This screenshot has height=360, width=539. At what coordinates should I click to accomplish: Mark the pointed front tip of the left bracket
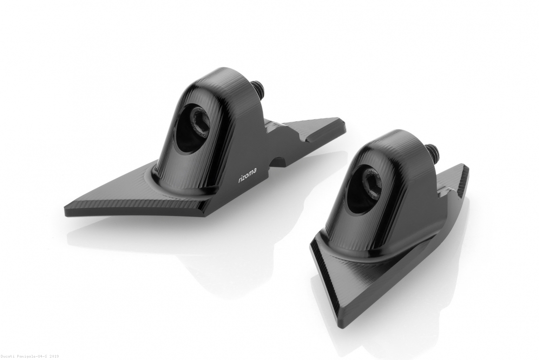point(66,207)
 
